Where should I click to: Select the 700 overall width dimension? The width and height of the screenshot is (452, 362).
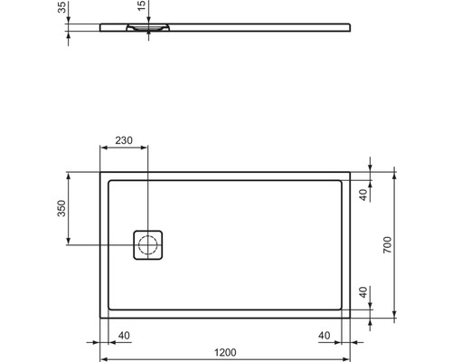coord(386,245)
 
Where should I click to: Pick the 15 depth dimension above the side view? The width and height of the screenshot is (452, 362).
coord(140,8)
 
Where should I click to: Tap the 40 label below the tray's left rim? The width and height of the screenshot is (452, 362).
coord(124,335)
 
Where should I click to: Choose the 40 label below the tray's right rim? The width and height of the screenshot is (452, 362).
coord(323,335)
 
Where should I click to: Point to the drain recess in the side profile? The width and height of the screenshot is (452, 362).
coord(148,29)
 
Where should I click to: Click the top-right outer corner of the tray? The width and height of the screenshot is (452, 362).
coord(352,170)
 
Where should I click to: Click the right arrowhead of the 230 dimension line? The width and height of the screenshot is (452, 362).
coord(145,148)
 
